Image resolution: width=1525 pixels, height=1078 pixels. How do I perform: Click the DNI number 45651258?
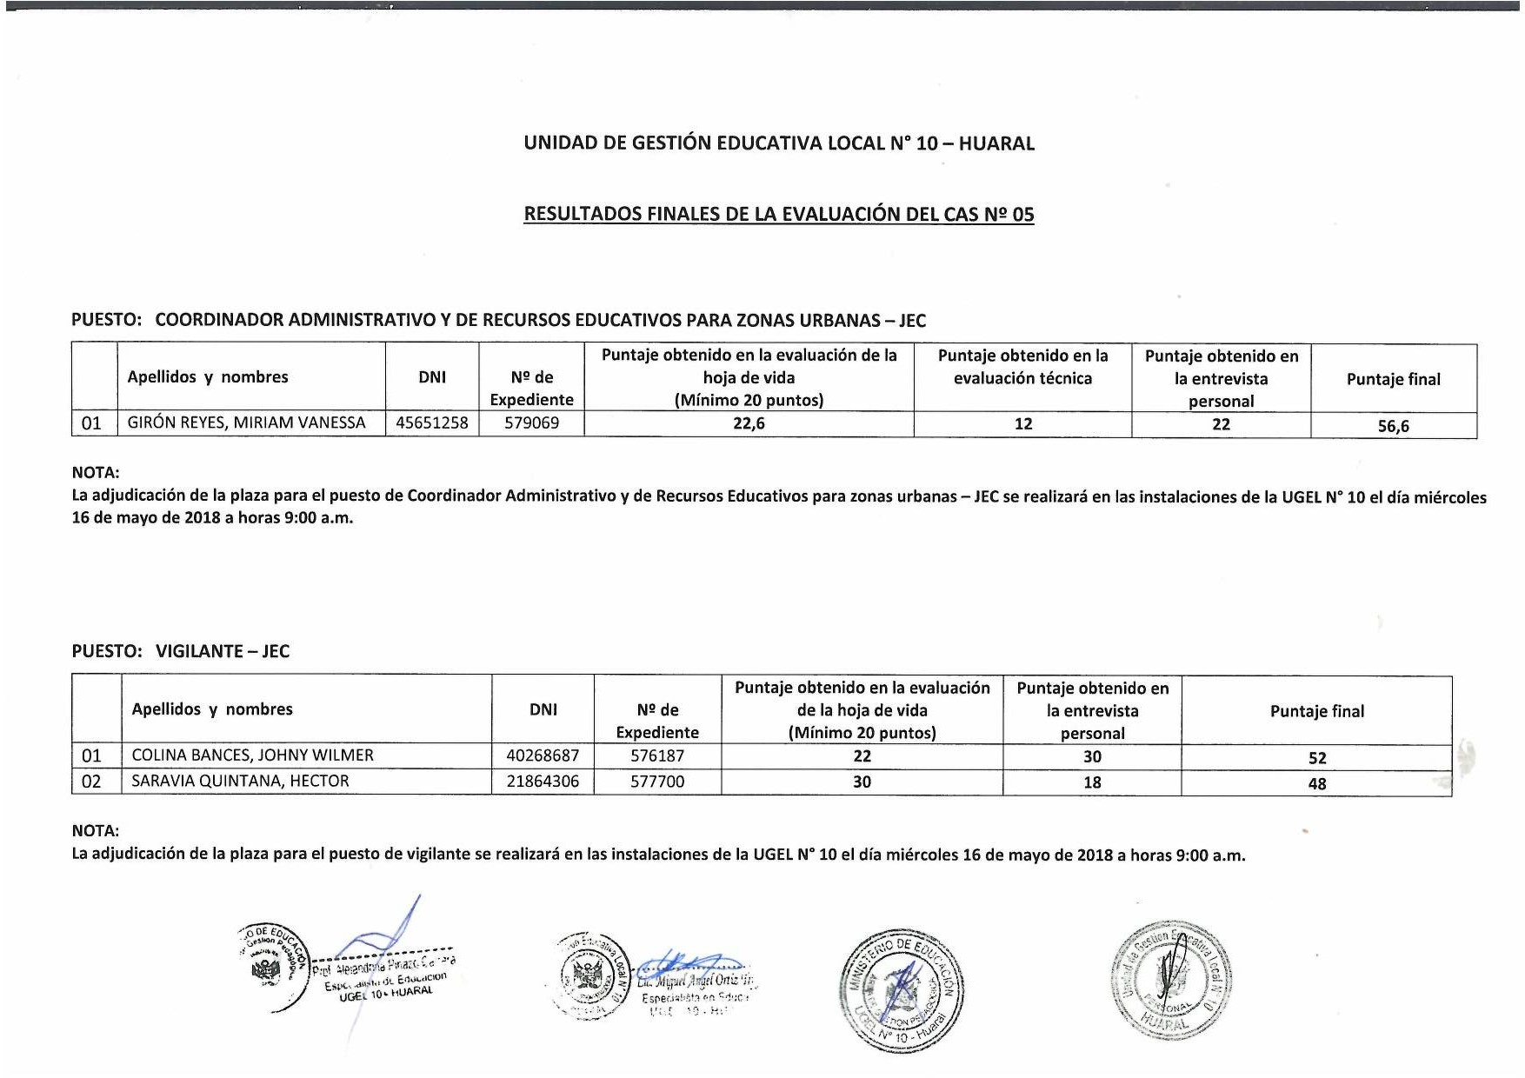coord(432,423)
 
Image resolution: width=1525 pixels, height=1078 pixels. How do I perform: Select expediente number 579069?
coord(531,423)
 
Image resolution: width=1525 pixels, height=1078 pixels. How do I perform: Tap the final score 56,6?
coord(1393,426)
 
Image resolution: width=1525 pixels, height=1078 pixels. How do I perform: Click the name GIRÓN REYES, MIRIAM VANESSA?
coord(246,423)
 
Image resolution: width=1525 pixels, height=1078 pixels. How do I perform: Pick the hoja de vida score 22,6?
coord(749,424)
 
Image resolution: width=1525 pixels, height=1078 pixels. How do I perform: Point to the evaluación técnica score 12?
coord(1023,424)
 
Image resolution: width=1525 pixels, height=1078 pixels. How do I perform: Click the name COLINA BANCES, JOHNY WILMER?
coord(252,755)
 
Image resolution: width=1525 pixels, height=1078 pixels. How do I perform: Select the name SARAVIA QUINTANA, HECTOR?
coord(240,782)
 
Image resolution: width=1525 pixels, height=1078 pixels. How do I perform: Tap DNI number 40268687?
coord(543,755)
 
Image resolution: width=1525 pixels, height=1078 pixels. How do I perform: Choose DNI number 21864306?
coord(543,782)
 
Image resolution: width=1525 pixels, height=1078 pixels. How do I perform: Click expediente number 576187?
coord(657,755)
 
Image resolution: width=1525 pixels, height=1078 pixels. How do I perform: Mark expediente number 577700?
coord(657,782)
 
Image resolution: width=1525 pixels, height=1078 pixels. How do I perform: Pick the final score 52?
coord(1317,758)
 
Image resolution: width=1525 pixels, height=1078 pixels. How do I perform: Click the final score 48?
coord(1317,784)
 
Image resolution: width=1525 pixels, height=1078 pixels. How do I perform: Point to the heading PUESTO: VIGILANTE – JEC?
coord(180,651)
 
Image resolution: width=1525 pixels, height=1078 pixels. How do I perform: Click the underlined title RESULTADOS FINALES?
coord(778,214)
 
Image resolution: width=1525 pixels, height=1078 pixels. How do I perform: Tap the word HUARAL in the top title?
coord(996,143)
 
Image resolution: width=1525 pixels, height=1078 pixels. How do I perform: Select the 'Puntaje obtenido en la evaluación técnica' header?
coord(1022,367)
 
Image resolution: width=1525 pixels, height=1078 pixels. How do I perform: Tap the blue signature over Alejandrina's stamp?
coord(383,935)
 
